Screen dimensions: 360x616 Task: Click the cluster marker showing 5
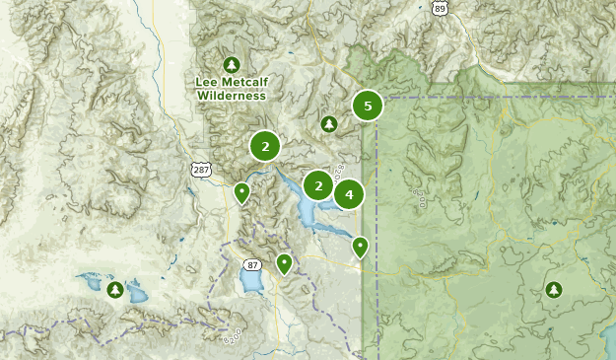[x=368, y=106]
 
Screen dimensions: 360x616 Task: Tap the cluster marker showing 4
[x=349, y=194]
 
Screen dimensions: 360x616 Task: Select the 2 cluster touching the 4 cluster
[x=318, y=184]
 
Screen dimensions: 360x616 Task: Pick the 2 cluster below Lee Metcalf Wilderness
[x=264, y=146]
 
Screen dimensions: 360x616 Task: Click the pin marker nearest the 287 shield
[x=241, y=191]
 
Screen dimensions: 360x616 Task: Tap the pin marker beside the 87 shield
[x=284, y=262]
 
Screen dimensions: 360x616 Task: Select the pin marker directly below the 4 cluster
[x=361, y=246]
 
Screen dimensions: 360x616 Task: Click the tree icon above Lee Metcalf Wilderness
[x=232, y=64]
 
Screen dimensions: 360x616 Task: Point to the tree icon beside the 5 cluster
[x=328, y=124]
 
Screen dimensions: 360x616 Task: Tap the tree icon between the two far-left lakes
[x=114, y=290]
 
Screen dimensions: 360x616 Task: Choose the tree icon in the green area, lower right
[x=553, y=290]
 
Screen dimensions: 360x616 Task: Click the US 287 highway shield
[x=201, y=171]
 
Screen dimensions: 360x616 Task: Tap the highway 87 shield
[x=252, y=264]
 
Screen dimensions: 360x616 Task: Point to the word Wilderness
[x=232, y=96]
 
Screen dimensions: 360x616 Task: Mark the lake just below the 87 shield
[x=252, y=284]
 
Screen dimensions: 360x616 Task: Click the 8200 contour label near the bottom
[x=233, y=337]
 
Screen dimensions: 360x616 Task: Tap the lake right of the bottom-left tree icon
[x=135, y=294]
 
